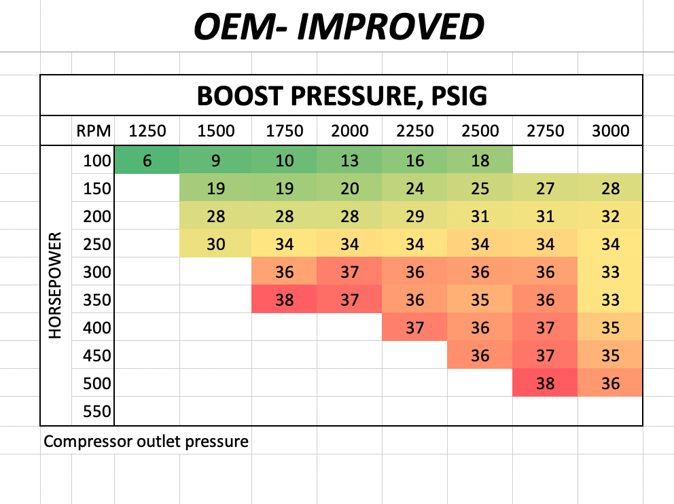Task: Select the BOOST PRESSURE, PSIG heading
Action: point(342,96)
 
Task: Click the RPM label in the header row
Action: point(91,130)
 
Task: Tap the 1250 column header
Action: point(147,130)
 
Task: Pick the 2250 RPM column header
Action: point(414,130)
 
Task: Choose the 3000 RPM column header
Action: point(610,130)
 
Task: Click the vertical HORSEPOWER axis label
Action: point(56,286)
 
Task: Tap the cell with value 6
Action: point(147,161)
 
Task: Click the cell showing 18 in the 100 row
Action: point(480,161)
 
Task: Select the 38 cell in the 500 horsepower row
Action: point(545,383)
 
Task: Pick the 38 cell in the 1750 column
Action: point(284,300)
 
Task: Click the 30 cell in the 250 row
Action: point(215,245)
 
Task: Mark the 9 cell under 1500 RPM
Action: point(215,161)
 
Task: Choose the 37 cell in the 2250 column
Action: point(414,328)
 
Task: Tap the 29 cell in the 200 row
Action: point(414,217)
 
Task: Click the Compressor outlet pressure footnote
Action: point(146,442)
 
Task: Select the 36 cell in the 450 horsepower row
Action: point(480,355)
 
